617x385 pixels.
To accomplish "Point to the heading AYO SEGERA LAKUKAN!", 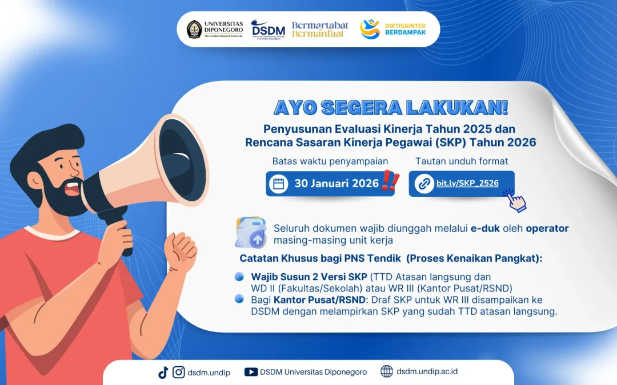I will (391, 107).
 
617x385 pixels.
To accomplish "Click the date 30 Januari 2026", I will (336, 183).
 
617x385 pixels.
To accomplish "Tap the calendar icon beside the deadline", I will (279, 184).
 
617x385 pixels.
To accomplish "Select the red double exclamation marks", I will (391, 181).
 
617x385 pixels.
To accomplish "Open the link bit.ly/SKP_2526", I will (467, 183).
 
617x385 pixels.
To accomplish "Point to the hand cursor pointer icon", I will (516, 201).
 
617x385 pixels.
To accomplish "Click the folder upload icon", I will (251, 231).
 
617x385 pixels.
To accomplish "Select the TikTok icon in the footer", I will (163, 372).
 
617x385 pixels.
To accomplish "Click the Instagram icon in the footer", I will (179, 372).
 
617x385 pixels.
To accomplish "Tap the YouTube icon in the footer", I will (251, 372).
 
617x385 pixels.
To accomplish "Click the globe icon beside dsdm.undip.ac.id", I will (387, 372).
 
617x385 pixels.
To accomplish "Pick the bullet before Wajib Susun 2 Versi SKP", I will (239, 277).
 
